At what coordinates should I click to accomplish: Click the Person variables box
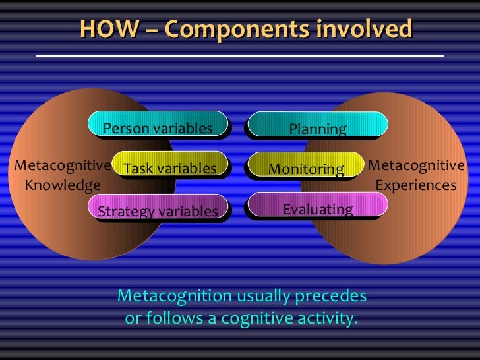[158, 127]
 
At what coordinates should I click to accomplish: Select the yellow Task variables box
[170, 168]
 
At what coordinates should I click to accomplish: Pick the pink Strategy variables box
[158, 210]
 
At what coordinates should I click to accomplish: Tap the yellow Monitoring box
[306, 169]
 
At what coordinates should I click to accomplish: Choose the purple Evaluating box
[317, 209]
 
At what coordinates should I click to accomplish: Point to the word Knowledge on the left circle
[63, 185]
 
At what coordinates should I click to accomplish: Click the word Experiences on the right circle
[415, 185]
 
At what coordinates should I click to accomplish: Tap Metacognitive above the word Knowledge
[63, 165]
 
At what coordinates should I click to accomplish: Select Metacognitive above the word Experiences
[416, 165]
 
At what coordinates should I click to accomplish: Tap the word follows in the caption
[174, 319]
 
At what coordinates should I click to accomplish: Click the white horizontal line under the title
[239, 56]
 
